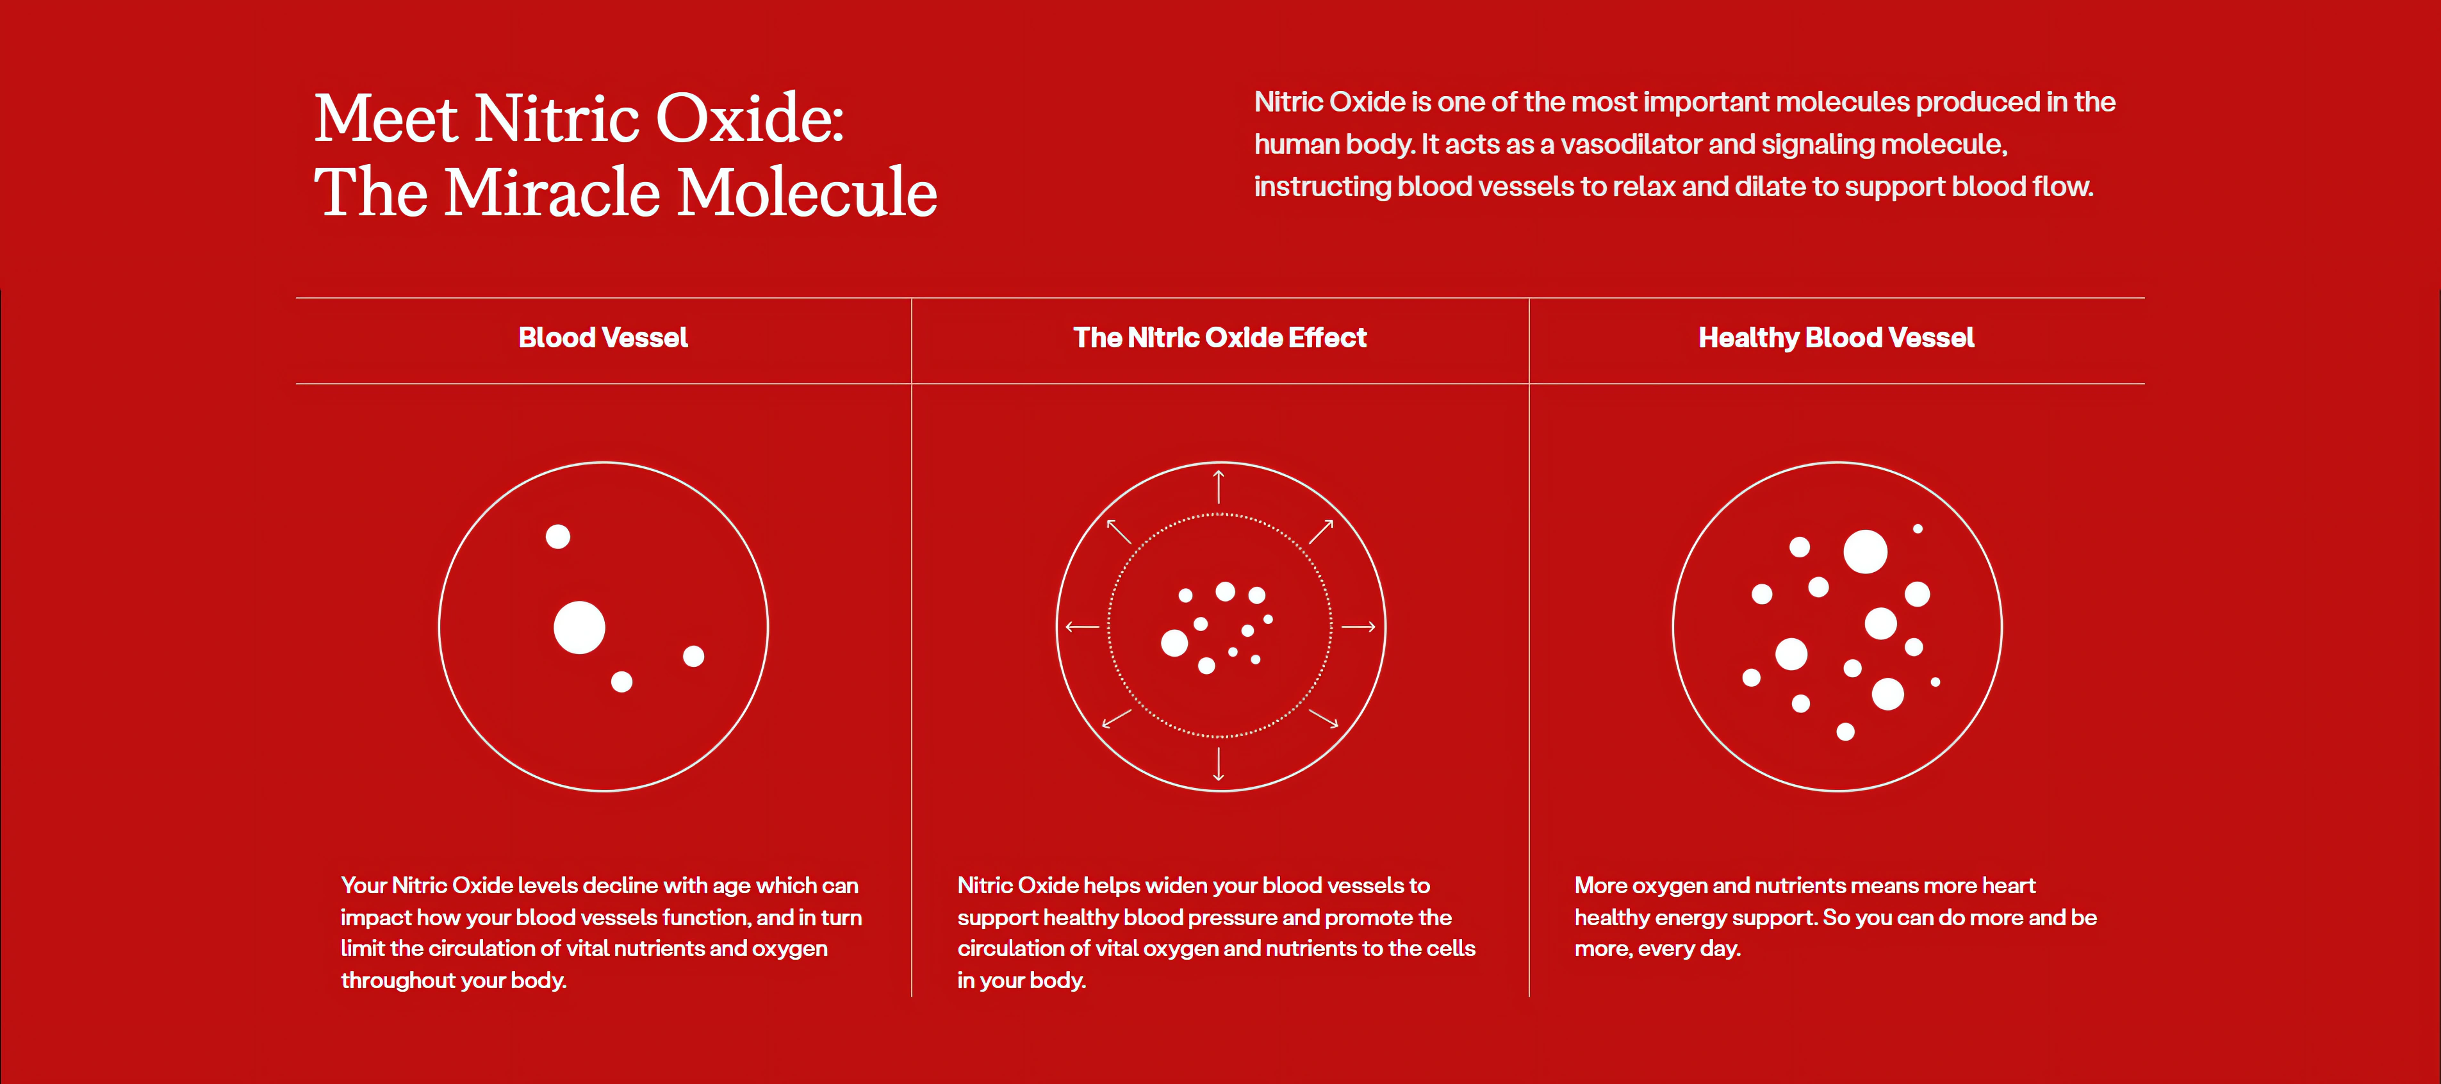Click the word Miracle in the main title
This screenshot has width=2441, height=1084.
point(552,192)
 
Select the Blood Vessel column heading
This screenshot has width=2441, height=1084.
point(603,338)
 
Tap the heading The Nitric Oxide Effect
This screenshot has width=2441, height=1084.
point(1220,338)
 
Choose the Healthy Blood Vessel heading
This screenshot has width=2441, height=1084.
point(1836,338)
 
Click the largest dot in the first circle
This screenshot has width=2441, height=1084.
point(579,627)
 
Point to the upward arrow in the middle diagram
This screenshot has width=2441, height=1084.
point(1220,486)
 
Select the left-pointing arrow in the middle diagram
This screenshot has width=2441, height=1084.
point(1082,627)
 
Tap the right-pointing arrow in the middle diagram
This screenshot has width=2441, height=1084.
point(1358,627)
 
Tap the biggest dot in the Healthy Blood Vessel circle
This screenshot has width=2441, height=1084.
point(1865,552)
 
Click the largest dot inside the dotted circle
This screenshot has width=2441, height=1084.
point(1174,643)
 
